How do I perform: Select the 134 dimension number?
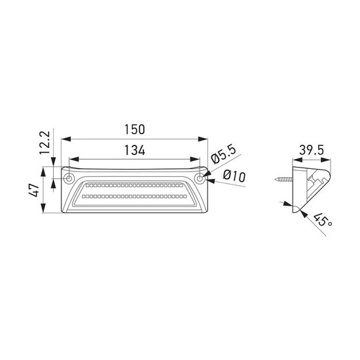pyautogui.click(x=135, y=151)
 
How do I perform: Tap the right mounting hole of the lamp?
pyautogui.click(x=200, y=177)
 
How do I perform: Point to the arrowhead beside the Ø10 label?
pyautogui.click(x=209, y=182)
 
